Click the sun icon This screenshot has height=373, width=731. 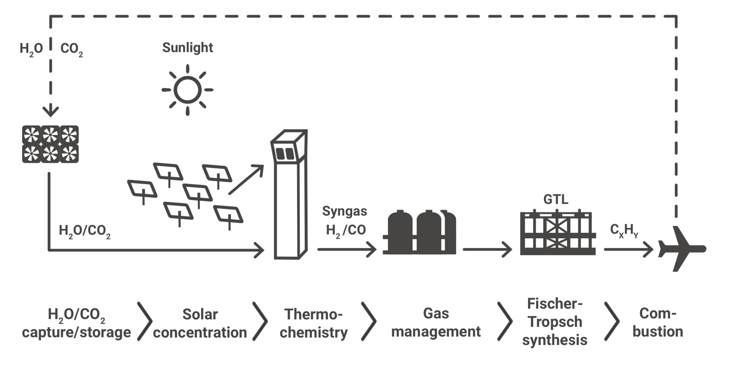[x=187, y=90]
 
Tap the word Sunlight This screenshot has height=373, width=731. [x=187, y=48]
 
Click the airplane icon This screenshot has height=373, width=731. [x=681, y=249]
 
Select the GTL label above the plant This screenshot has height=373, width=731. [x=556, y=199]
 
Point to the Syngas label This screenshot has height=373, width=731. [x=344, y=211]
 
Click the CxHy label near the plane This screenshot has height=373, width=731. [x=624, y=231]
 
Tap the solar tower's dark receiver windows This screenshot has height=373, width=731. [x=285, y=154]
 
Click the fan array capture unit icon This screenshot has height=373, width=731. [x=50, y=144]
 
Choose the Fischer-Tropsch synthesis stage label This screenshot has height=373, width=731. [x=555, y=322]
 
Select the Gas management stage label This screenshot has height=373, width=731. [x=436, y=322]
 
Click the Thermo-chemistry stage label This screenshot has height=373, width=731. [x=314, y=323]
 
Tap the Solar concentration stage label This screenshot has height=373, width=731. [x=200, y=323]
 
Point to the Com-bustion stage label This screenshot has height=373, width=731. [x=658, y=322]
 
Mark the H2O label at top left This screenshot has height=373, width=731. [x=31, y=49]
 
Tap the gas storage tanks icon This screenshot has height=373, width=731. [x=420, y=232]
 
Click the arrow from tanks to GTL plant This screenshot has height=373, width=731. [x=487, y=249]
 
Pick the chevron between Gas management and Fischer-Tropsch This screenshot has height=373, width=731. [x=505, y=321]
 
